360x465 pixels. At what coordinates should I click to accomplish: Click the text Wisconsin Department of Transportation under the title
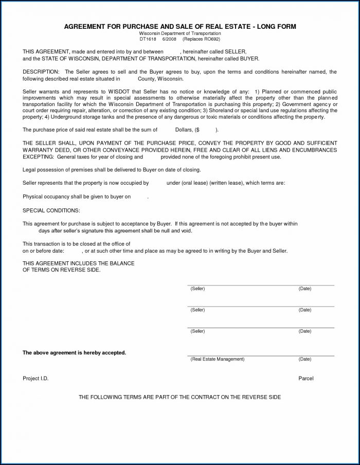click(x=179, y=33)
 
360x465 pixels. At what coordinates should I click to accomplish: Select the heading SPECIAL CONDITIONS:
click(x=51, y=211)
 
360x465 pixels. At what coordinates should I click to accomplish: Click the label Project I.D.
click(x=35, y=379)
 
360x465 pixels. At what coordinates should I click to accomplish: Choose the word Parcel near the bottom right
click(x=305, y=379)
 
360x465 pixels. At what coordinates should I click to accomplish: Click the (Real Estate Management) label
click(x=217, y=359)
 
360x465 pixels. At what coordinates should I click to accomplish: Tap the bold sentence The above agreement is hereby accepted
click(x=74, y=353)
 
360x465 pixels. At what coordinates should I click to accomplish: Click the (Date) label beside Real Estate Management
click(x=305, y=359)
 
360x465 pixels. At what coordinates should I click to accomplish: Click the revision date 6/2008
click(x=170, y=39)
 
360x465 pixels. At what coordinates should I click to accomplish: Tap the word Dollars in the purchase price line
click(x=184, y=130)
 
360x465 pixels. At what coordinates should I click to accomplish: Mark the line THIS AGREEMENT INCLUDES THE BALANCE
click(x=79, y=263)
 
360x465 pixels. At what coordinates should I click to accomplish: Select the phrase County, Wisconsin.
click(x=160, y=79)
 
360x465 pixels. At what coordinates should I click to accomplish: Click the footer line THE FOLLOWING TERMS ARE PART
click(x=179, y=398)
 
